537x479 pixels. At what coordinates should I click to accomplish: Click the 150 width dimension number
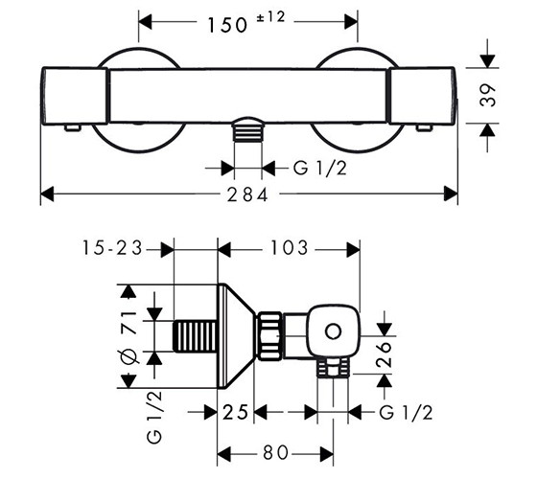pyautogui.click(x=227, y=25)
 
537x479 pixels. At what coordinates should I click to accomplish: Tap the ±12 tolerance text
pyautogui.click(x=270, y=17)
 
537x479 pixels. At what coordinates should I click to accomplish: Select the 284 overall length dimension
pyautogui.click(x=247, y=195)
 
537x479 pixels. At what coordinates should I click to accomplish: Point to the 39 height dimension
pyautogui.click(x=487, y=96)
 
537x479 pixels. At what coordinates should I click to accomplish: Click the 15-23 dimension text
pyautogui.click(x=111, y=248)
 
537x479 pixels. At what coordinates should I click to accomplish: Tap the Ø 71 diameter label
pyautogui.click(x=128, y=337)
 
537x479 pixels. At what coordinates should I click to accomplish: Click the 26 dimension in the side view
pyautogui.click(x=384, y=354)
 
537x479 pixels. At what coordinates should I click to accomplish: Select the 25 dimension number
pyautogui.click(x=235, y=412)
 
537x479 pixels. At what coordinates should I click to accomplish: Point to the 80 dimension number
pyautogui.click(x=276, y=453)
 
